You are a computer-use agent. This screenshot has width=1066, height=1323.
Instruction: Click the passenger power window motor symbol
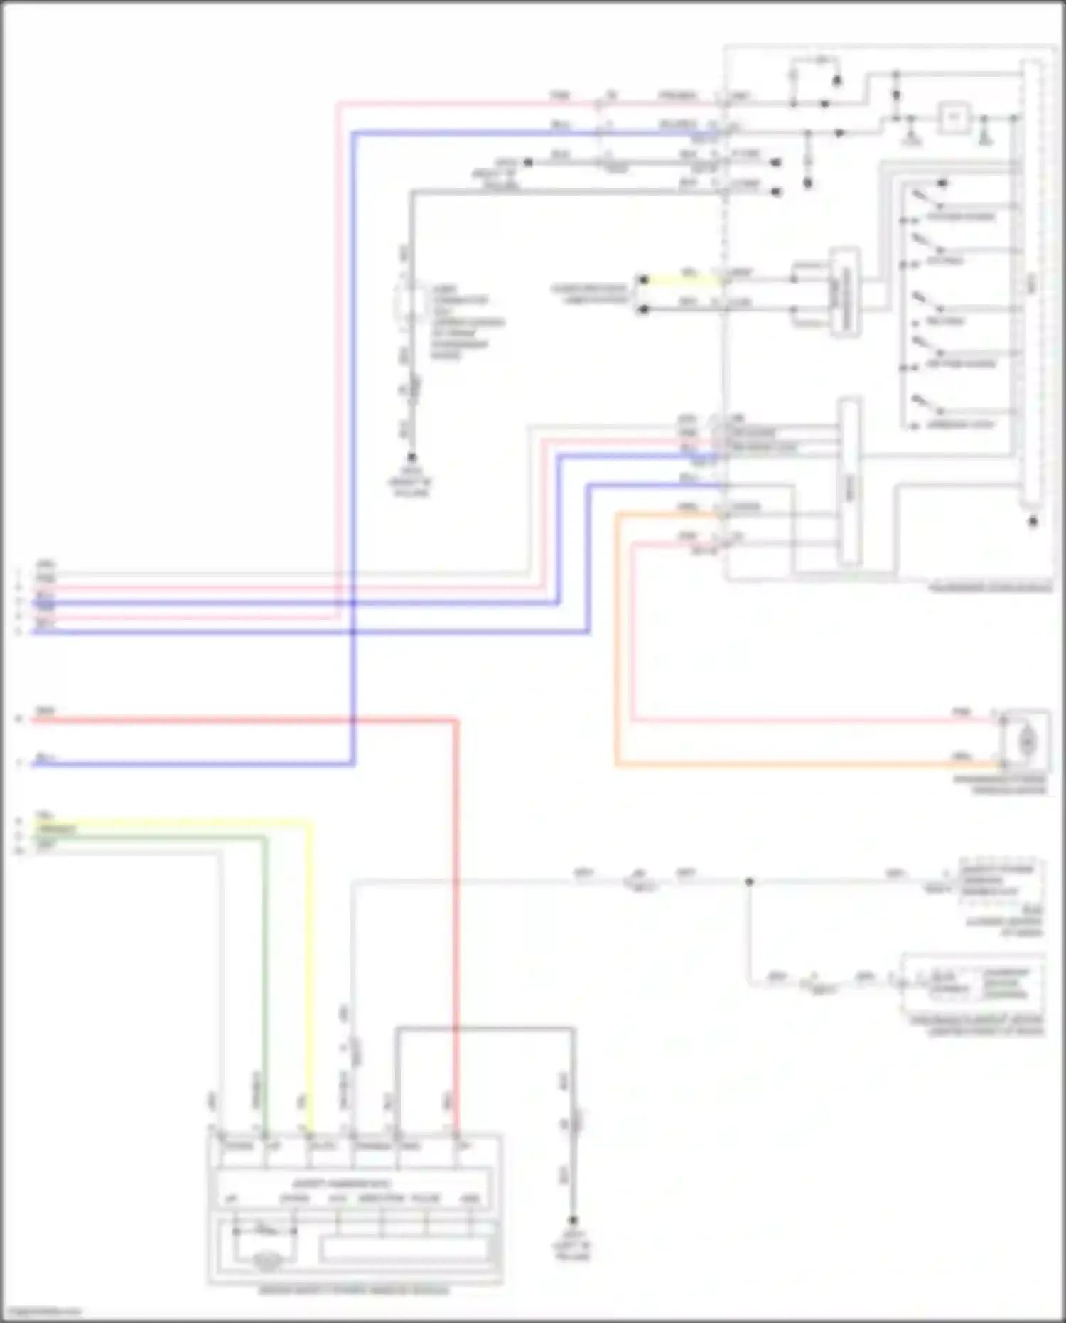click(1026, 741)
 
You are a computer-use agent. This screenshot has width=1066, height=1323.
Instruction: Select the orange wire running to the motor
click(782, 765)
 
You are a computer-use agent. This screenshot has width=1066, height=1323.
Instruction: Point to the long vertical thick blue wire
click(353, 427)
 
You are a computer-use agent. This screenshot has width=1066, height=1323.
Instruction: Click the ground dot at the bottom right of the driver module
click(573, 1220)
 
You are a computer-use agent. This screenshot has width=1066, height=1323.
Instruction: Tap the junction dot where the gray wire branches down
click(749, 882)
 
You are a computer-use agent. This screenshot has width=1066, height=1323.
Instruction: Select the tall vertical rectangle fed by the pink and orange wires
click(849, 483)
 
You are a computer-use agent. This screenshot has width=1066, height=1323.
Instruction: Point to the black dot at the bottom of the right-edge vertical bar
click(1033, 522)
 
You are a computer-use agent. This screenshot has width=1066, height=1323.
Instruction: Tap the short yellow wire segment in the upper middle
click(682, 280)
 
